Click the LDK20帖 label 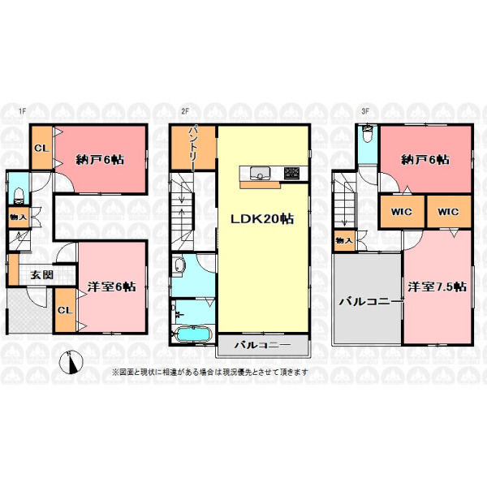(x=262, y=219)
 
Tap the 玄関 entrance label (x=41, y=275)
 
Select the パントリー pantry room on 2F (x=193, y=148)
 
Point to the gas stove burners (x=292, y=173)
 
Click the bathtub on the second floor (x=193, y=335)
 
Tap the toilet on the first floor (x=19, y=195)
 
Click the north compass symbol (x=71, y=362)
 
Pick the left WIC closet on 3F (x=402, y=212)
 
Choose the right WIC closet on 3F (x=449, y=212)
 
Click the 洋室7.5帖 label (x=437, y=287)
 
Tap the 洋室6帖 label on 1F (x=111, y=287)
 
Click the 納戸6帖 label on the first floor (x=100, y=160)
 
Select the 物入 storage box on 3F (x=344, y=240)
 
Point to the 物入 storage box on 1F (x=19, y=217)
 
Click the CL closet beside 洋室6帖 (x=65, y=310)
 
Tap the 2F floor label (x=185, y=111)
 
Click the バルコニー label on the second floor (x=262, y=345)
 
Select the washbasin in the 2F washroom (x=179, y=266)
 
